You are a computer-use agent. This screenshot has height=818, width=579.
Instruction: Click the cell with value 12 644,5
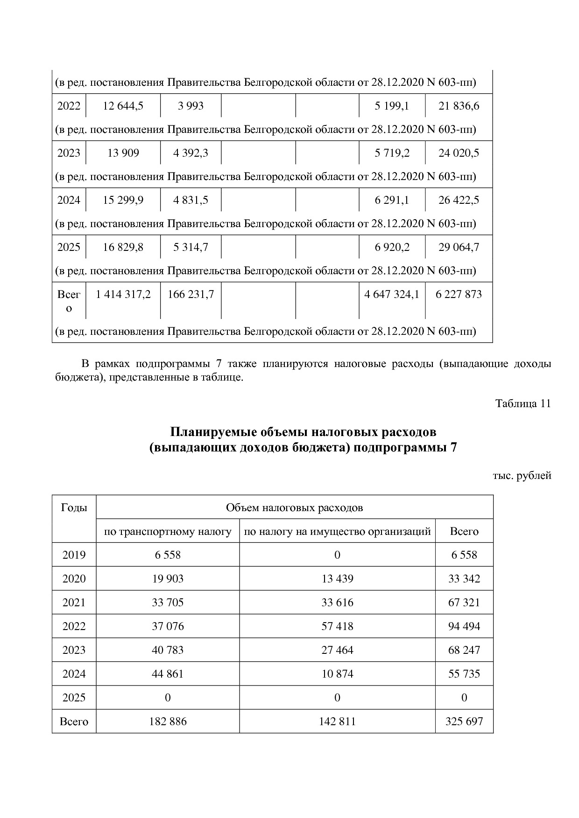pos(123,106)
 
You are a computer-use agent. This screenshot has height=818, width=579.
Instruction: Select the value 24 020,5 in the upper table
pos(459,153)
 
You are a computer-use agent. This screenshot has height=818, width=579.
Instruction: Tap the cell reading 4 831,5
pos(191,200)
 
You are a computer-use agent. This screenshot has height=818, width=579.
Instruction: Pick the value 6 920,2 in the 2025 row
pos(392,247)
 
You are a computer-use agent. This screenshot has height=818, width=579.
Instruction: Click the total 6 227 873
pos(459,294)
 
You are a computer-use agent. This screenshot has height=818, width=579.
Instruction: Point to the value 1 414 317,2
pos(123,294)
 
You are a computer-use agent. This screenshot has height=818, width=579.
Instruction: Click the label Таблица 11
pos(523,403)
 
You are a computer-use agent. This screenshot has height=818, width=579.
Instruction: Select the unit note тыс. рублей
pos(522,476)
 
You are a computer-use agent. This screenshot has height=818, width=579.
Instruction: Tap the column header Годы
pos(74,507)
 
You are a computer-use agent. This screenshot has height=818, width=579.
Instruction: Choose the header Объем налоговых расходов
pos(294,507)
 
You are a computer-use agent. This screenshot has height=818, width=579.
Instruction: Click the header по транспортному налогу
pos(168,532)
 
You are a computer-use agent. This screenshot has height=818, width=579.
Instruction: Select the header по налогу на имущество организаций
pos(337,532)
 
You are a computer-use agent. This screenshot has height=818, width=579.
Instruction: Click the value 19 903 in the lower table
pos(168,579)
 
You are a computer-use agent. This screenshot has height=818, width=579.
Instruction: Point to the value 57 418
pos(337,626)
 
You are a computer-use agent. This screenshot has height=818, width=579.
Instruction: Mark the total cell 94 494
pos(464,626)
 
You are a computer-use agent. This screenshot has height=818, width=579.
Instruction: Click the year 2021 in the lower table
pos(74,603)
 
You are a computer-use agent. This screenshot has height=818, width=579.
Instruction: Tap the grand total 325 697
pos(464,721)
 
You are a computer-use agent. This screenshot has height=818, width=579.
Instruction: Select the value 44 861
pos(168,674)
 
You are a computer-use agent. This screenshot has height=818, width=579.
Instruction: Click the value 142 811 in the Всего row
pos(337,721)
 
